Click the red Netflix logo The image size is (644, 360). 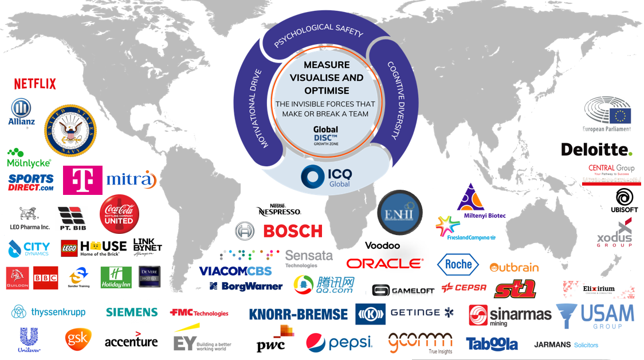(x=35, y=84)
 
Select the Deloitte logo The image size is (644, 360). (x=596, y=150)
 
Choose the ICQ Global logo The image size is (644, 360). (x=327, y=176)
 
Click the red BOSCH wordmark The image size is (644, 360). (x=293, y=231)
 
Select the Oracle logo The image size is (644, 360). (x=384, y=264)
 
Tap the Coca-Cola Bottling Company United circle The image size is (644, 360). (x=119, y=214)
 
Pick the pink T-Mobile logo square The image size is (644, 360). (x=83, y=181)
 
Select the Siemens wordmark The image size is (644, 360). (x=132, y=312)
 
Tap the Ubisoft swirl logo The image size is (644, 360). (x=624, y=198)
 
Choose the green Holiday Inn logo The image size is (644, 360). (x=116, y=277)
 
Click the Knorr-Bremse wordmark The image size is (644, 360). (x=298, y=314)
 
